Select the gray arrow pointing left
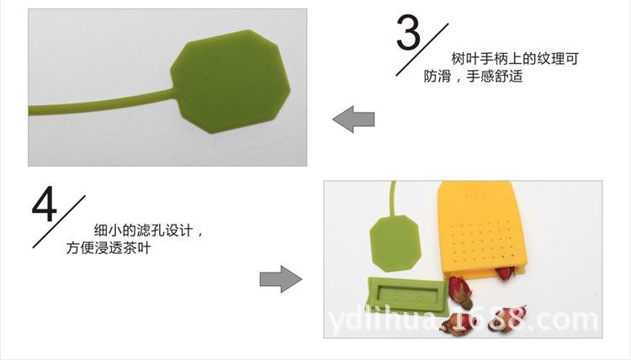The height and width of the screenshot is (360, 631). (x=353, y=119)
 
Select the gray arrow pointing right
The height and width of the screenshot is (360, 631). (x=280, y=279)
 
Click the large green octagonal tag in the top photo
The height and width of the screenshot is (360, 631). (x=230, y=82)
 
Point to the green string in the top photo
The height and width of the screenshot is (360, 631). (x=101, y=107)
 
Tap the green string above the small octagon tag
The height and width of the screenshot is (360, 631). (x=391, y=197)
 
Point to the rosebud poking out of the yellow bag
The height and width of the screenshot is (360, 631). (x=504, y=274)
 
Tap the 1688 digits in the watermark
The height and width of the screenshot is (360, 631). (x=487, y=320)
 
